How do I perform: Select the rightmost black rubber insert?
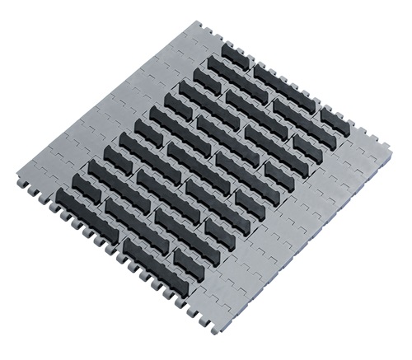pyautogui.click(x=333, y=120)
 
